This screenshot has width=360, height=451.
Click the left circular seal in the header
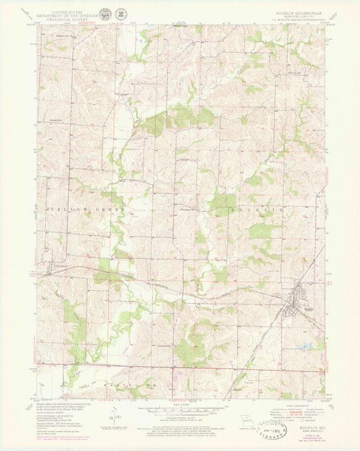106,15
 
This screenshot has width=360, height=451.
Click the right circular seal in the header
120,15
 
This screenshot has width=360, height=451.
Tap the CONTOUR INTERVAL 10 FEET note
180,420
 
